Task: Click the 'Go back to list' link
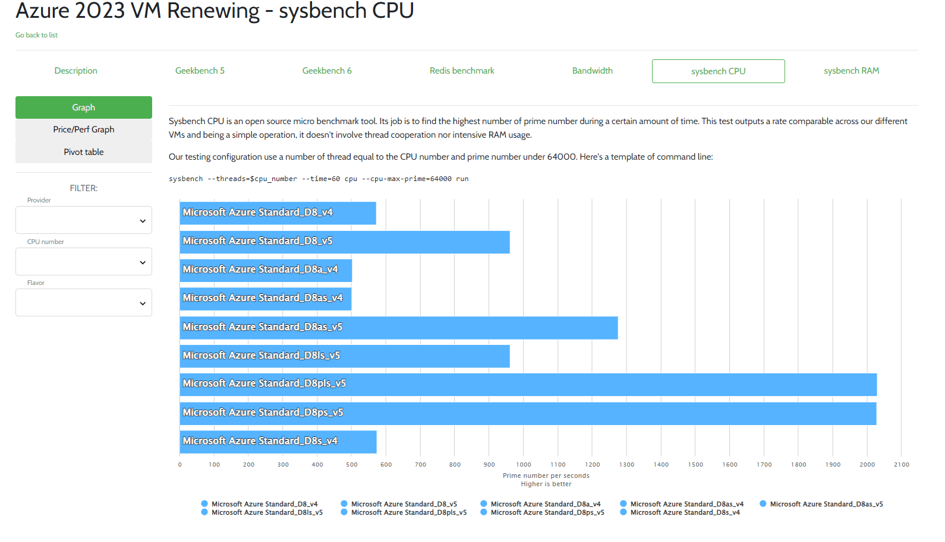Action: coord(36,35)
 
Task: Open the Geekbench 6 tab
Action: coord(327,71)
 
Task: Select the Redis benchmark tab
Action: coord(462,71)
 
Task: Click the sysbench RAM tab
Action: coord(851,71)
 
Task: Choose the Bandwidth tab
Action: coord(592,71)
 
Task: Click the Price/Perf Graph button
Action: coord(84,129)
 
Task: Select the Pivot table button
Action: coord(84,152)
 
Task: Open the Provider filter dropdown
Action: coord(84,220)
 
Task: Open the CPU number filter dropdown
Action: coord(84,262)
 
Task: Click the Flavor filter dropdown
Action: coord(84,303)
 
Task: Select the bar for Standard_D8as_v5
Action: coord(398,328)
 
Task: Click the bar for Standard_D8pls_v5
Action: coord(528,385)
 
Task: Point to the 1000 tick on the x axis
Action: coord(524,465)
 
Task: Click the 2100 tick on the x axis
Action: coord(902,465)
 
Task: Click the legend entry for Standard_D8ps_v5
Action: coord(547,512)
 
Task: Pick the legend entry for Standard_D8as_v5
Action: coord(826,504)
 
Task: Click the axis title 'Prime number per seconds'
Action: coord(546,476)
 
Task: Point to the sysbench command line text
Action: coord(319,179)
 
